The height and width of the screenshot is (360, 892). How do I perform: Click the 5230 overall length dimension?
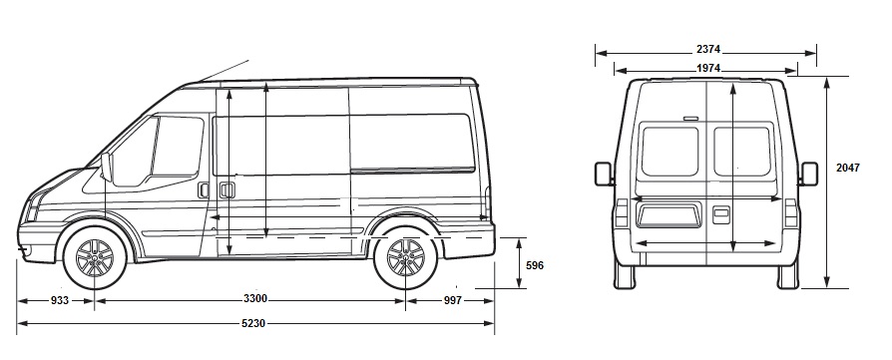pyautogui.click(x=253, y=324)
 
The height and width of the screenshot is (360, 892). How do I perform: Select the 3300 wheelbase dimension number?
pyautogui.click(x=255, y=298)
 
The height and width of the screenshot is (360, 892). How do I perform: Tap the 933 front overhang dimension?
pyautogui.click(x=59, y=300)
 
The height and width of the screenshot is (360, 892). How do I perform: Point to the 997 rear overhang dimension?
pyautogui.click(x=452, y=300)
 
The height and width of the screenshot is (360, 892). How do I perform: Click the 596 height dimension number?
pyautogui.click(x=534, y=265)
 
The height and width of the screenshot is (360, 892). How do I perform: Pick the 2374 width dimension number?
pyautogui.click(x=708, y=50)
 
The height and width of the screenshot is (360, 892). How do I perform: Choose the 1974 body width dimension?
pyautogui.click(x=708, y=68)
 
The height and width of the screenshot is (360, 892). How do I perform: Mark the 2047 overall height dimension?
pyautogui.click(x=848, y=168)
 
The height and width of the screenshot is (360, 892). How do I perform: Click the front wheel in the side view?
pyautogui.click(x=95, y=257)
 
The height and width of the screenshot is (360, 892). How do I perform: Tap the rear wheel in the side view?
pyautogui.click(x=406, y=257)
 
